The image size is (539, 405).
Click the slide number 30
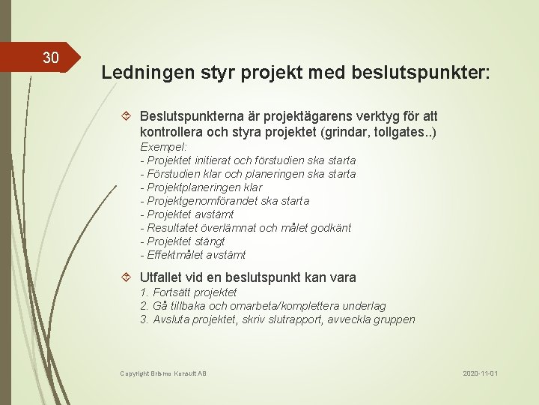coord(51,58)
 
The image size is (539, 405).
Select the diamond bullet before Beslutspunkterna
coord(127,117)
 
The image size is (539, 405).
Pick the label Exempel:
coord(163,147)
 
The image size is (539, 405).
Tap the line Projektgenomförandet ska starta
coord(224,201)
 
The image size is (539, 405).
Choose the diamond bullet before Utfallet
coord(127,277)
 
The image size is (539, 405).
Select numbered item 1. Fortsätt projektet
coord(188,292)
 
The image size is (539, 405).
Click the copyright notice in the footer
coord(162,373)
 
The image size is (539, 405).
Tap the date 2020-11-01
coord(480,373)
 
